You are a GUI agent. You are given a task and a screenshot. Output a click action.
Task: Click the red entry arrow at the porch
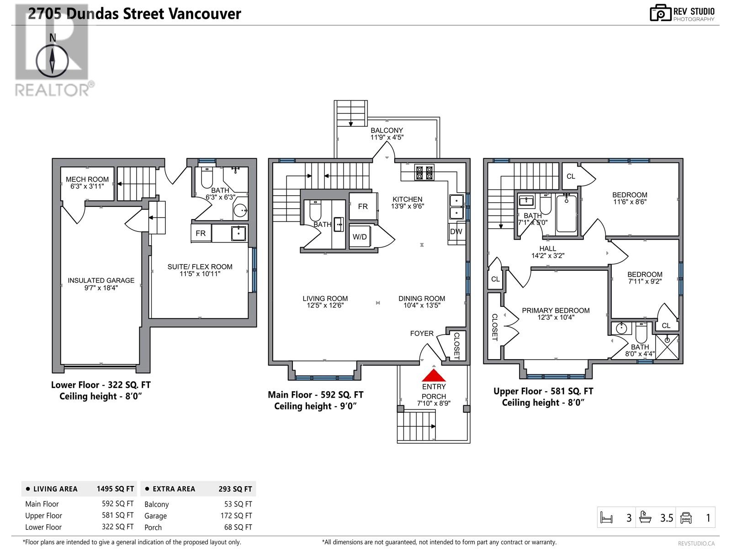coord(433,376)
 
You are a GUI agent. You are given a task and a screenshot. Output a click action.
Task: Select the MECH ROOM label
coord(87,179)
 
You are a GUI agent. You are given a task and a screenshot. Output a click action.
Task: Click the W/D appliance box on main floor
coord(360,237)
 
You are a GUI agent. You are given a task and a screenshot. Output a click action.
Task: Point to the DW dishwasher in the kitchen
coord(456,232)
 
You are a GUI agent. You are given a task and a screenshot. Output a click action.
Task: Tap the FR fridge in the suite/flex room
coord(201,233)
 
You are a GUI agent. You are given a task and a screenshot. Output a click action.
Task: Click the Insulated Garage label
coord(101,280)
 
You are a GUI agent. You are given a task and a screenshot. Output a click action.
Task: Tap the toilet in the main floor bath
coord(316,210)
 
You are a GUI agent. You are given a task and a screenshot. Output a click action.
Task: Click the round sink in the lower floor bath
coord(240,211)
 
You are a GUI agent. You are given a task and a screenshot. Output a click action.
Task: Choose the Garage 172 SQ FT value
coord(236,516)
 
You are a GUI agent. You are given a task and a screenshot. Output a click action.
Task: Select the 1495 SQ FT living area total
coord(115,489)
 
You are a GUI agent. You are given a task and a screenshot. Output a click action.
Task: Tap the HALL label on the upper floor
coord(547,249)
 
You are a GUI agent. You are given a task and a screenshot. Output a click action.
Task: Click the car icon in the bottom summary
coord(686,518)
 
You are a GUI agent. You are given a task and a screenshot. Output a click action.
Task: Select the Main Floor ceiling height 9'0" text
coord(315,406)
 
